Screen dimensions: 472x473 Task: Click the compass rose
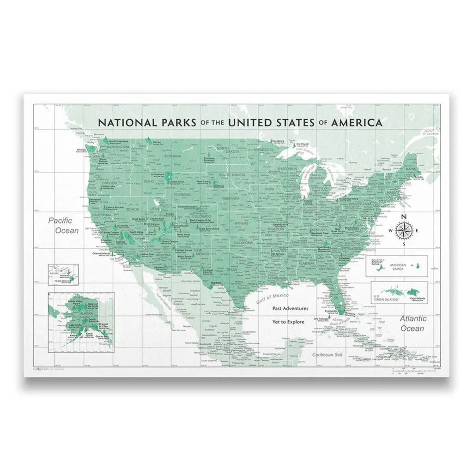click(x=404, y=230)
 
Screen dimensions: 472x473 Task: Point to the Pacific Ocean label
click(x=64, y=225)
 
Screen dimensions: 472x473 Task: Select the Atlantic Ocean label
click(x=412, y=323)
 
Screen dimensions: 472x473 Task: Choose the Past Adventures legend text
click(x=290, y=308)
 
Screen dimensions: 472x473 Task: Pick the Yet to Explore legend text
click(x=288, y=322)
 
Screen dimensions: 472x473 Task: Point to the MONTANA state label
click(x=172, y=156)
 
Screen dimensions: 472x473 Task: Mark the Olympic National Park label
click(x=82, y=150)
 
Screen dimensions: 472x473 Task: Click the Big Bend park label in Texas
click(x=215, y=283)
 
